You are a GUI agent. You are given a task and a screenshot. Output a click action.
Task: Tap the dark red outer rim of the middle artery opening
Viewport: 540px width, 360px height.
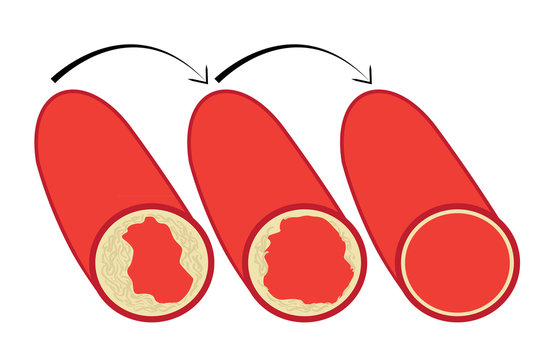305,318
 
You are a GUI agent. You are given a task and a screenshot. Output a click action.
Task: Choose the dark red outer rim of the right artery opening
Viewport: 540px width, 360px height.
458,318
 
